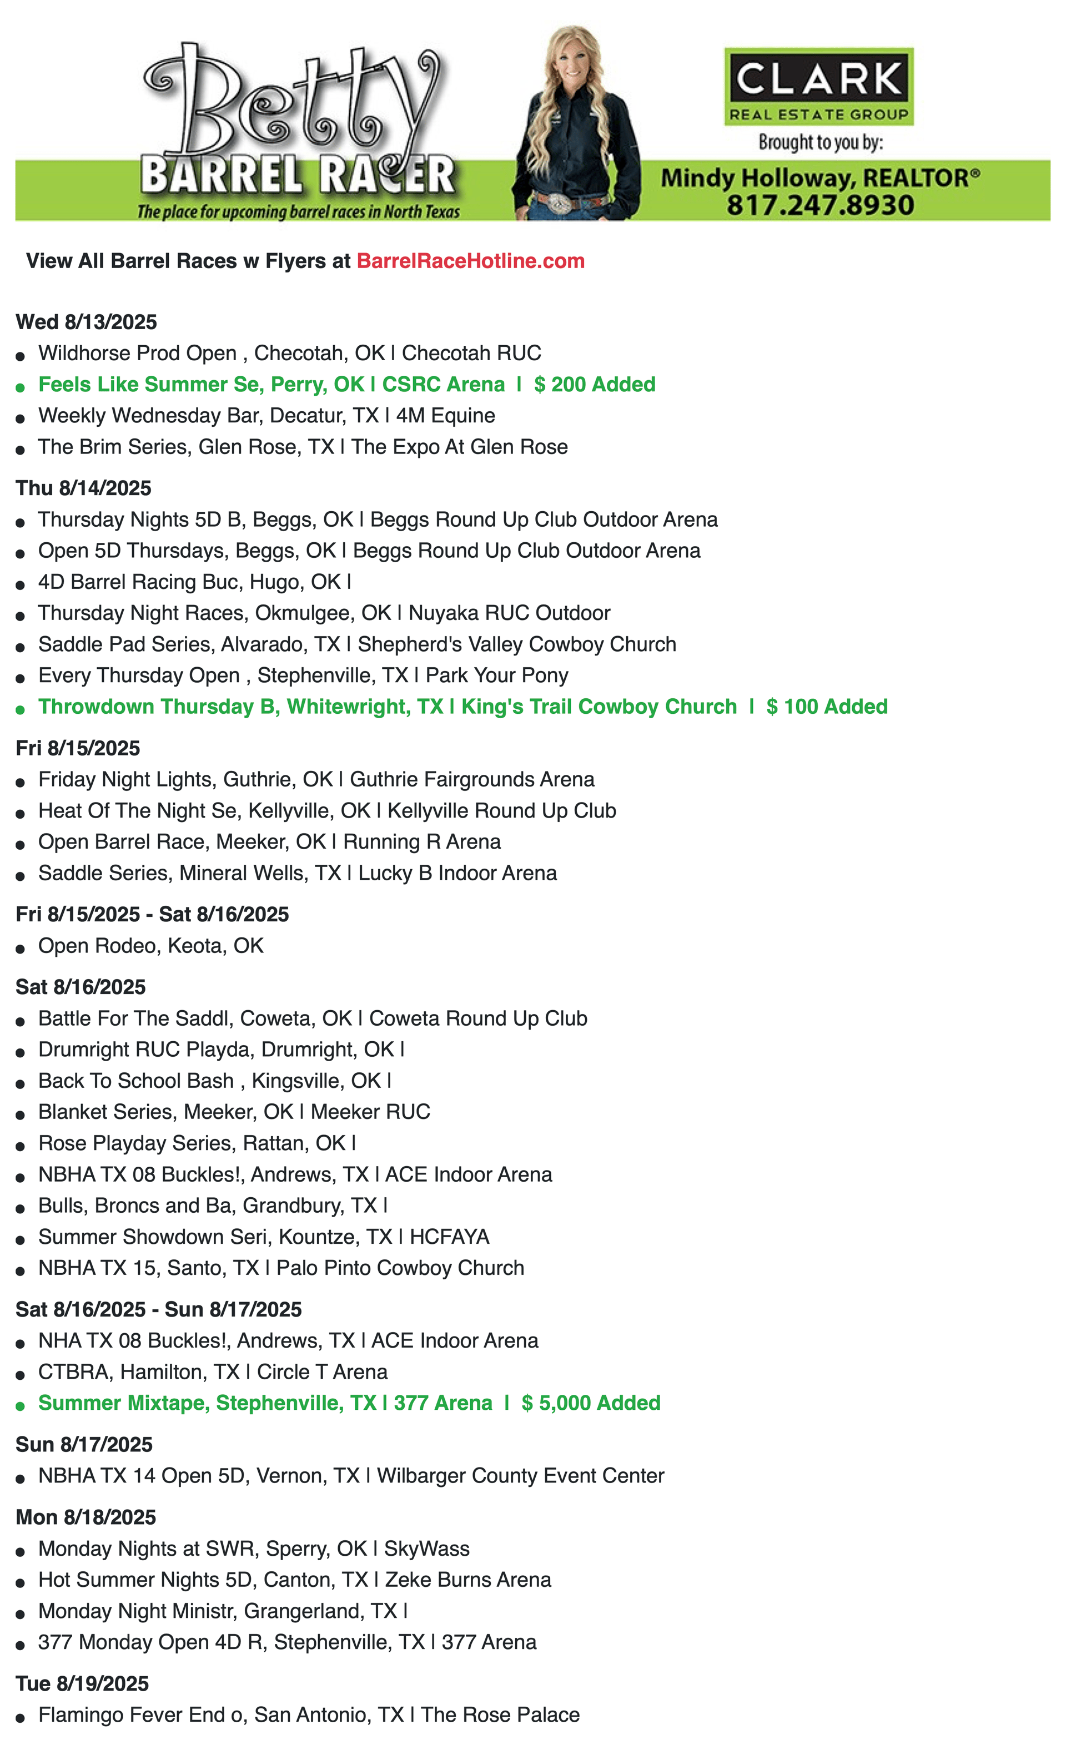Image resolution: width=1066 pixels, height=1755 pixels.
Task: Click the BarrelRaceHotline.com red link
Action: (470, 261)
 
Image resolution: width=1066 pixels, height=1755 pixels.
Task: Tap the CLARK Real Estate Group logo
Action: (819, 86)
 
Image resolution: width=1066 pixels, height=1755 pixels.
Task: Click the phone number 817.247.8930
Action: (820, 205)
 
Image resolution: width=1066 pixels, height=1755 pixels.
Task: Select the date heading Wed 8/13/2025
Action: (86, 322)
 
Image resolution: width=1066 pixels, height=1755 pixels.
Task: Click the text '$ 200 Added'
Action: (594, 385)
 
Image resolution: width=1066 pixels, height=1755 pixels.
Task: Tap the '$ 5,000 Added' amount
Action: (591, 1403)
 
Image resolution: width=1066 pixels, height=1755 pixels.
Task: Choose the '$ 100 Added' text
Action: (827, 707)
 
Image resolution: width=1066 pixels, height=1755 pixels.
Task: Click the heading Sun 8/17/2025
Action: (84, 1444)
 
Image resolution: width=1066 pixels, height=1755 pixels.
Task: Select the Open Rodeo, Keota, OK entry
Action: (151, 945)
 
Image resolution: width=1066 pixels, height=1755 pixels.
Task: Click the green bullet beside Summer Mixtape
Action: (21, 1406)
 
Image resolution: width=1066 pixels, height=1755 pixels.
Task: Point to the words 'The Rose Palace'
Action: (500, 1714)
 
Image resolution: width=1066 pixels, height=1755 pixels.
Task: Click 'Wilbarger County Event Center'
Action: (520, 1475)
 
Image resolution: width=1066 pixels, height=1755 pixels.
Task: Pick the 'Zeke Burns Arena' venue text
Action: (468, 1579)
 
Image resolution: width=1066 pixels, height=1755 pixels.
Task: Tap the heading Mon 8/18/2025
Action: (86, 1516)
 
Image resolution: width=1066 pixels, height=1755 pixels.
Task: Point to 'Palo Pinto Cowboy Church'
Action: (400, 1267)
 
